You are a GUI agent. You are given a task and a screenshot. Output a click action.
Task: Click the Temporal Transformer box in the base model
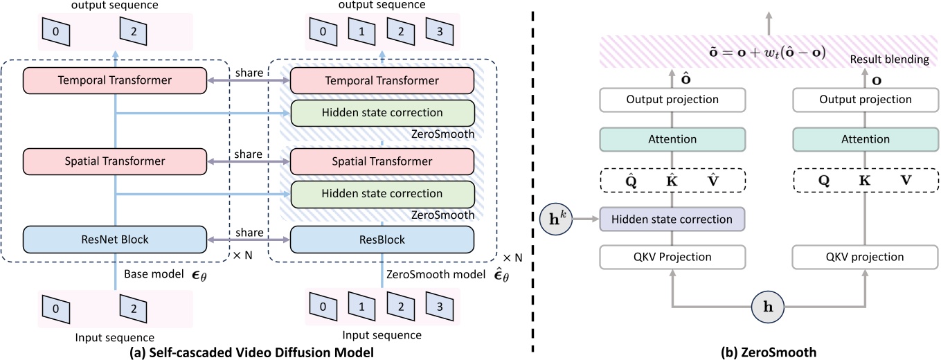pyautogui.click(x=115, y=80)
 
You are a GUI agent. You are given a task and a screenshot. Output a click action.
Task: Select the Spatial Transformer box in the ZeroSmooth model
pyautogui.click(x=382, y=161)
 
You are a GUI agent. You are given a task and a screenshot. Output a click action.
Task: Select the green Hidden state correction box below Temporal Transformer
pyautogui.click(x=382, y=113)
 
